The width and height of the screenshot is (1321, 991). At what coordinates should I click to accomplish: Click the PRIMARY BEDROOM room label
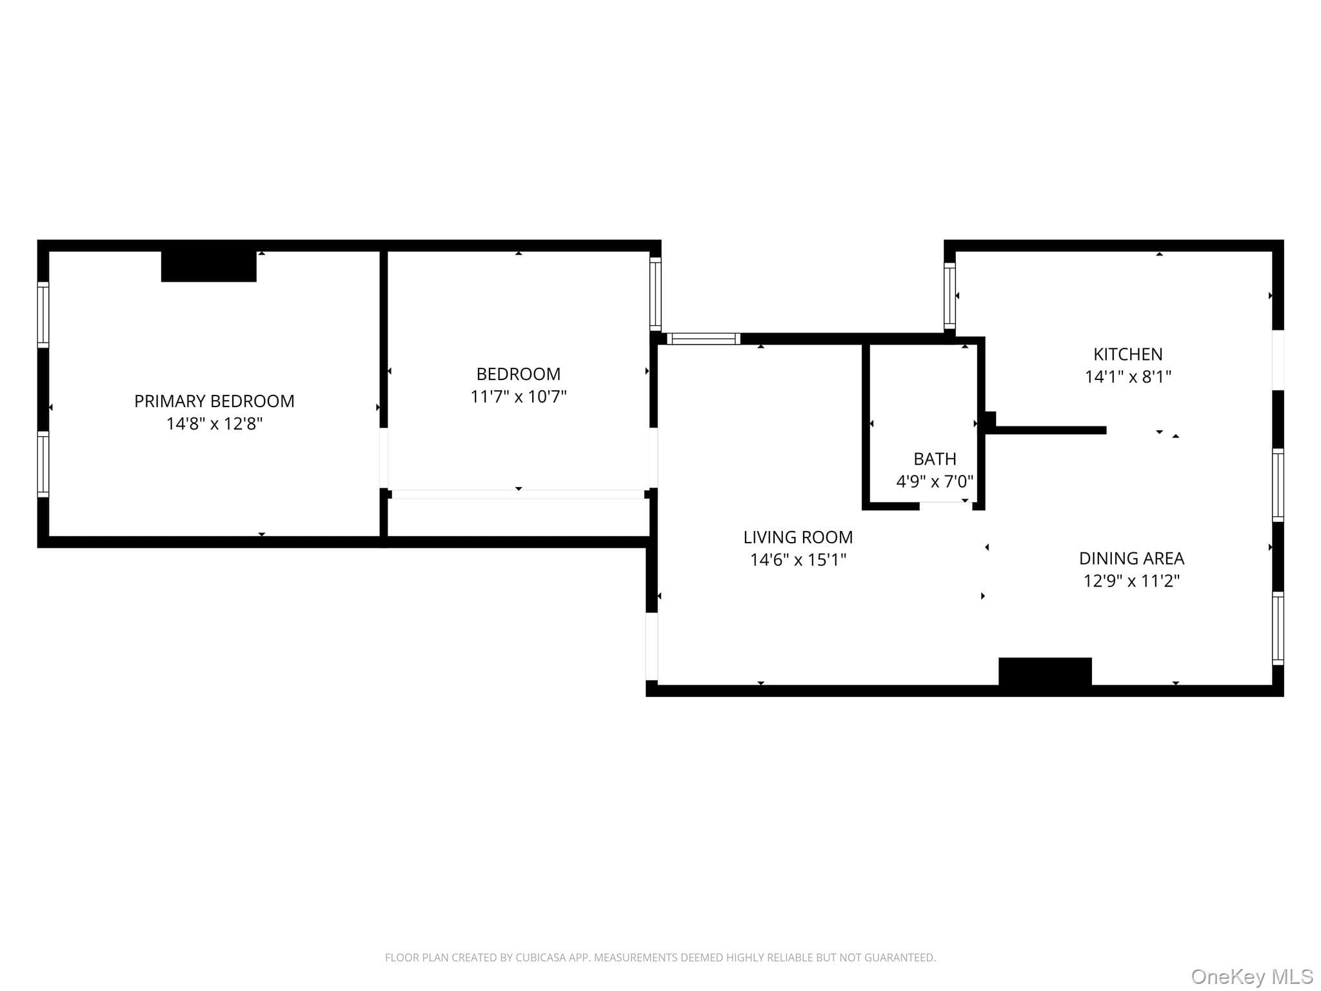(214, 401)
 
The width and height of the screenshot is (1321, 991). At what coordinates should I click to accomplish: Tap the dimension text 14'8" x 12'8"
(214, 423)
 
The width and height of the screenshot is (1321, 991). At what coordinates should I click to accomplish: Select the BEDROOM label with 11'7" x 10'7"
(519, 374)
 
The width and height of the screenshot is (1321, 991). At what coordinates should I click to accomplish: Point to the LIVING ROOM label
(798, 537)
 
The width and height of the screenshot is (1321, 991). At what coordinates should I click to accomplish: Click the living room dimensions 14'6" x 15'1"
(798, 559)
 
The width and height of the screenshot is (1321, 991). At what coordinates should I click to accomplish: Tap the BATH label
(935, 459)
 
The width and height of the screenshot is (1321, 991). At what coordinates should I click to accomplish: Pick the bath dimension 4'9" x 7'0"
(935, 481)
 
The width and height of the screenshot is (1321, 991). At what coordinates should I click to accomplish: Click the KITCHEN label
(1128, 354)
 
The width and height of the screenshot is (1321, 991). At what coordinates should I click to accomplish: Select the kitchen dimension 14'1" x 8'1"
(1128, 377)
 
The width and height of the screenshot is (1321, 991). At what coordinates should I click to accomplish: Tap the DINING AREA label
(1132, 558)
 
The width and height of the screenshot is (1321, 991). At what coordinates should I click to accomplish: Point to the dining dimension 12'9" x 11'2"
(1132, 581)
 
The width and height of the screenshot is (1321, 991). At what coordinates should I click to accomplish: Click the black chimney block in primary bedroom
(208, 266)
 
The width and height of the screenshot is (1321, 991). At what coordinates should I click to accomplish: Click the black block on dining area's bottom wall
(1045, 671)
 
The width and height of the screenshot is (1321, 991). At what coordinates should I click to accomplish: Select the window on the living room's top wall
(704, 339)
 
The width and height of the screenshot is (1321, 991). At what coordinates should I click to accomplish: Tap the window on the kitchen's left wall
(949, 295)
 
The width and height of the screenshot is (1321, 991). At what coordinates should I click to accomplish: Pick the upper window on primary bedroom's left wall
(43, 314)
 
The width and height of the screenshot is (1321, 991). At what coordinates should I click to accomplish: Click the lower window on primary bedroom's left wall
(43, 465)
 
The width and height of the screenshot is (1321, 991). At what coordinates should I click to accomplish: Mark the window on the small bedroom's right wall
(655, 294)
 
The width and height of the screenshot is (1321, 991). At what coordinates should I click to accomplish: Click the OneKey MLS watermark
(1252, 977)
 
